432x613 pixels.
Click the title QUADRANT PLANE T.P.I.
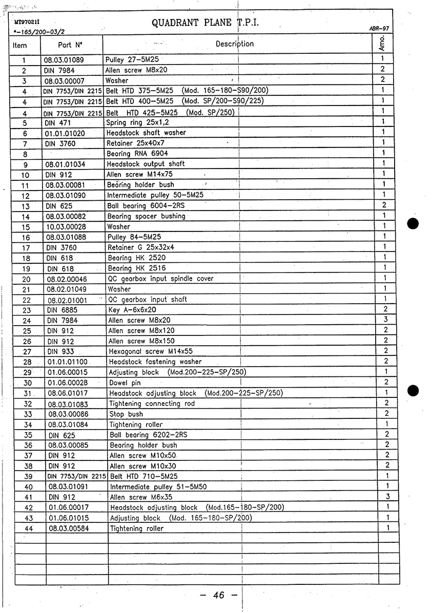pyautogui.click(x=205, y=23)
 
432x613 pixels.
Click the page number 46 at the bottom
pyautogui.click(x=219, y=595)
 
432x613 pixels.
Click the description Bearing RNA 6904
pyautogui.click(x=137, y=154)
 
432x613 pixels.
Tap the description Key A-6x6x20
pyautogui.click(x=132, y=310)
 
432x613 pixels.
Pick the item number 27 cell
pyautogui.click(x=28, y=352)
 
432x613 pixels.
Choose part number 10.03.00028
pyautogui.click(x=67, y=226)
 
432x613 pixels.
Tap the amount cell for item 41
pyautogui.click(x=388, y=496)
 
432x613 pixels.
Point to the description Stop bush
pyautogui.click(x=126, y=414)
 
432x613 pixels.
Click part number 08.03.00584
pyautogui.click(x=69, y=528)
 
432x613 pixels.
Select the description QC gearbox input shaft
pyautogui.click(x=148, y=300)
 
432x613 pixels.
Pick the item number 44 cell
pyautogui.click(x=29, y=529)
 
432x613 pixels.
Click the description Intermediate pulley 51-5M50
pyautogui.click(x=158, y=487)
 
